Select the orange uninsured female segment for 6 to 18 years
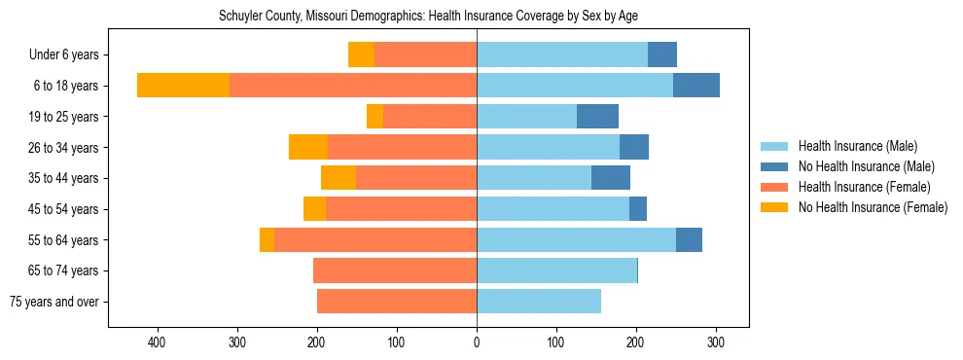tap(183, 86)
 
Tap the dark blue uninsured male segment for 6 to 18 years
tap(696, 86)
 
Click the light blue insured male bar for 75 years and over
tap(539, 302)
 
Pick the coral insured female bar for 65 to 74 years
tap(395, 270)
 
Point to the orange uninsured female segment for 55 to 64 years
tap(267, 240)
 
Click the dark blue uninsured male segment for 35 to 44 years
tap(611, 178)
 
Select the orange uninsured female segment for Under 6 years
tap(361, 55)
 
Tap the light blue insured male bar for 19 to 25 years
tap(526, 117)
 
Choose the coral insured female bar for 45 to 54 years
tap(401, 209)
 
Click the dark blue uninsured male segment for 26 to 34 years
tap(634, 148)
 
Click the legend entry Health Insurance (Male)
tap(857, 146)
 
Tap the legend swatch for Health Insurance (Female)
tap(774, 187)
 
